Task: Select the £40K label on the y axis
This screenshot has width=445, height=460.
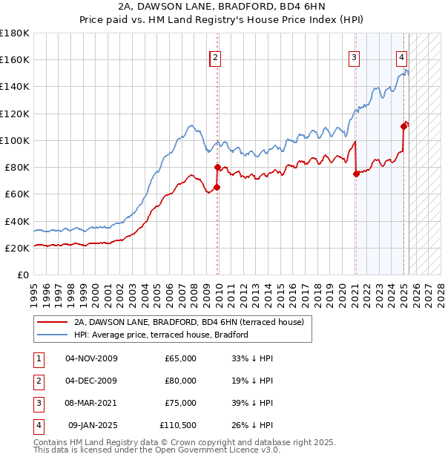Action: pos(17,221)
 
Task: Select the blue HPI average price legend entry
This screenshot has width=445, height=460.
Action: pos(161,335)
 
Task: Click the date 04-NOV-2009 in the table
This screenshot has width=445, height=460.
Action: pos(92,358)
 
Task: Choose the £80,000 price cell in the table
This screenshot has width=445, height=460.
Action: pos(180,381)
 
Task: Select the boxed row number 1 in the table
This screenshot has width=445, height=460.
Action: pos(38,358)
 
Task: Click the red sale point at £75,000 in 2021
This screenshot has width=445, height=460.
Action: pos(356,174)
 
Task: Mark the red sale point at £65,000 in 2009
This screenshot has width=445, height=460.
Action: pos(217,187)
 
